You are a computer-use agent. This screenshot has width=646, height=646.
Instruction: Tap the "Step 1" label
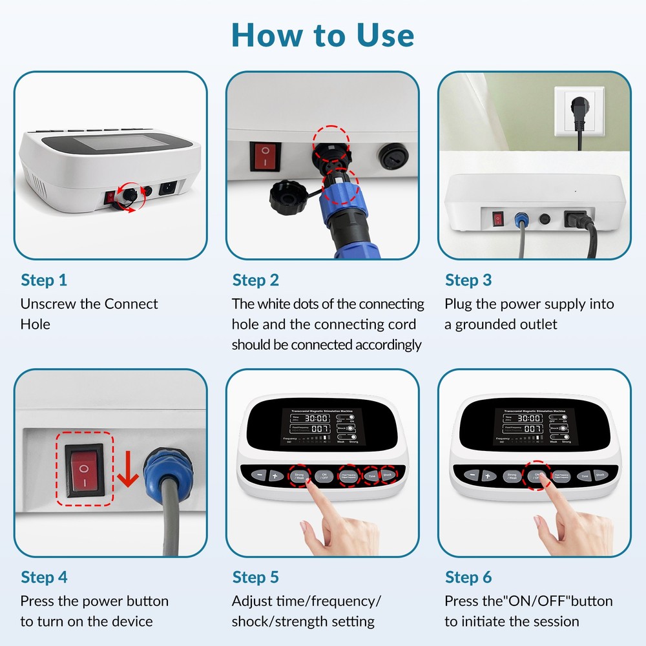44,280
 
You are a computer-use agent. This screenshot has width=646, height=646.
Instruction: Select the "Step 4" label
44,577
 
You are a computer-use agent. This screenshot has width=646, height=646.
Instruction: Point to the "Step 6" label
468,577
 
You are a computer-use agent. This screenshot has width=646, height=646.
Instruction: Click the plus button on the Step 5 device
275,476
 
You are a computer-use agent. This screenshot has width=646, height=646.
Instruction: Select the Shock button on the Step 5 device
388,475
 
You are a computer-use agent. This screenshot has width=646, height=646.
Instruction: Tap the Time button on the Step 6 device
584,475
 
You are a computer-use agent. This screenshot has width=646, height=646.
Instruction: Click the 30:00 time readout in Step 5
317,418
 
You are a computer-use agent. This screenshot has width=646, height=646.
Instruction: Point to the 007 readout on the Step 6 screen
532,428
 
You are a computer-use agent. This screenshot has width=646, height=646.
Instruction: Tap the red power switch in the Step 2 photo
264,156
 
